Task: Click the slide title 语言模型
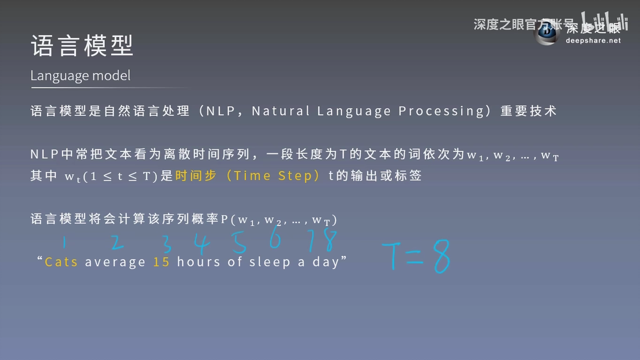(x=82, y=45)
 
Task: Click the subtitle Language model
(x=81, y=76)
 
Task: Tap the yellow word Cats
(x=61, y=262)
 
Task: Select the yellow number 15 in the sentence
(x=161, y=262)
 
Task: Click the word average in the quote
(x=115, y=262)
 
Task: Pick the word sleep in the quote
(x=270, y=262)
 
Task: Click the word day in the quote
(x=326, y=262)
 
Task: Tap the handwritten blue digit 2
(x=117, y=242)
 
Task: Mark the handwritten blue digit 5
(x=239, y=242)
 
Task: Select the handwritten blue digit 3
(x=166, y=244)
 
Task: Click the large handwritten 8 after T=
(x=442, y=256)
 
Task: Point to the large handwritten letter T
(x=392, y=255)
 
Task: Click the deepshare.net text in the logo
(x=593, y=41)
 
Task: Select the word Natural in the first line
(x=281, y=111)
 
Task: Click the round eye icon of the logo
(x=546, y=33)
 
